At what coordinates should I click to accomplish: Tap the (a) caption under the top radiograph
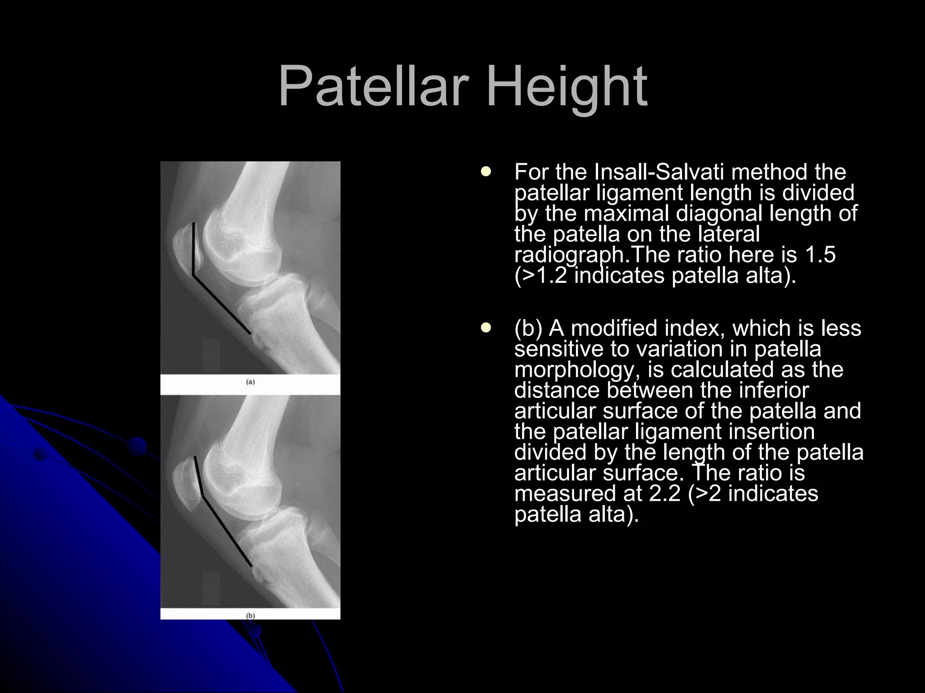pyautogui.click(x=250, y=382)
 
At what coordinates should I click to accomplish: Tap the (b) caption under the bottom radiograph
pyautogui.click(x=250, y=615)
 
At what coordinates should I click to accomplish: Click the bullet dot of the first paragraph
pyautogui.click(x=486, y=171)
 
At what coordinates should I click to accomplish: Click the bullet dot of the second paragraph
pyautogui.click(x=486, y=328)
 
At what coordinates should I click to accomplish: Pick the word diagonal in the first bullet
pyautogui.click(x=719, y=213)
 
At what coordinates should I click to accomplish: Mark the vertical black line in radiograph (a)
pyautogui.click(x=194, y=248)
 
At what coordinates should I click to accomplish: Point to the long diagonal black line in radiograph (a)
pyautogui.click(x=222, y=305)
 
